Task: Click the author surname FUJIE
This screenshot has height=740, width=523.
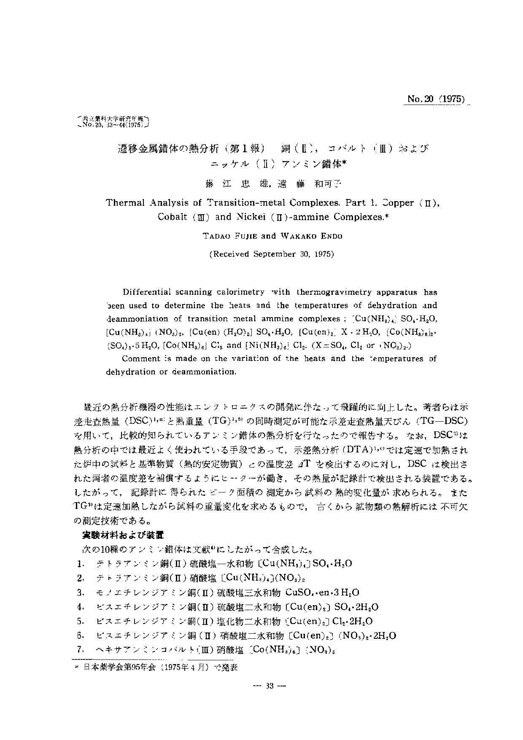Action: click(x=244, y=236)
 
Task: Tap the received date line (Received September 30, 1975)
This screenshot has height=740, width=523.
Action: click(x=272, y=254)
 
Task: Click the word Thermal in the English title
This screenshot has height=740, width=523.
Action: click(x=125, y=202)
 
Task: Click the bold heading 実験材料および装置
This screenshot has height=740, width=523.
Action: click(x=123, y=536)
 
